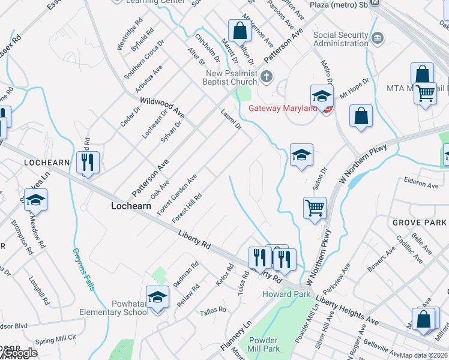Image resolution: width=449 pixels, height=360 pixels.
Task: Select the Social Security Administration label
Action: (x=340, y=39)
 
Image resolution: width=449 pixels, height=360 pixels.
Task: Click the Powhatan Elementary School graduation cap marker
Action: (x=158, y=298)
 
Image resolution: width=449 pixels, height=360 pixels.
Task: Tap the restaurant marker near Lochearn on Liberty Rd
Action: (x=88, y=162)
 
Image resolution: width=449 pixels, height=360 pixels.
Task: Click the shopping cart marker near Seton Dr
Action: (x=315, y=208)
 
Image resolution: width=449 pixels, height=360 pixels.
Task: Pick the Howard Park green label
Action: (x=286, y=294)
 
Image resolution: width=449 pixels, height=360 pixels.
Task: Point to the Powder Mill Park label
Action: (x=264, y=344)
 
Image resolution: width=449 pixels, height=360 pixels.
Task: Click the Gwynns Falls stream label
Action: (x=84, y=269)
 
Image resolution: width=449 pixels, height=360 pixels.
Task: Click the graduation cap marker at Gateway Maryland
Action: (x=322, y=96)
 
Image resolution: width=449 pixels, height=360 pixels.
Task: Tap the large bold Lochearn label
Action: (x=130, y=206)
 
